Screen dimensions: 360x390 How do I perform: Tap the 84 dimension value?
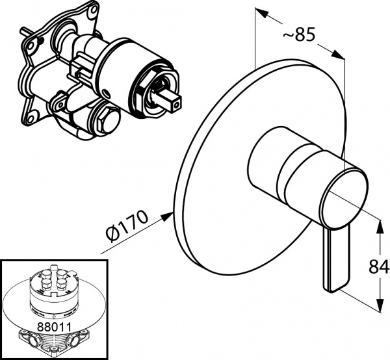click(x=380, y=266)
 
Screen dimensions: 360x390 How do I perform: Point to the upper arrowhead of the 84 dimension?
click(x=380, y=222)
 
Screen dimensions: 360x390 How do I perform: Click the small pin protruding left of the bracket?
click(x=23, y=31)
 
